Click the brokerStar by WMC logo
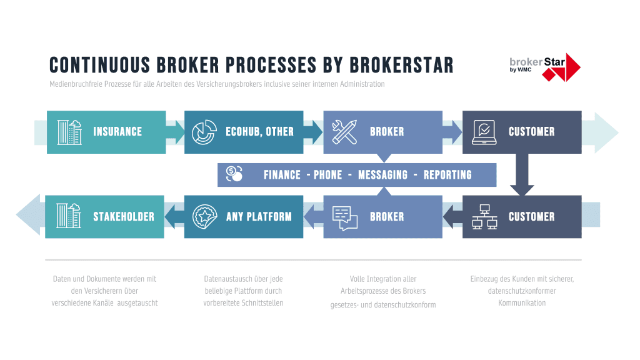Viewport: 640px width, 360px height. pos(544,66)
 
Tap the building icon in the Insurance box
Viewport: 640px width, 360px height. pos(69,132)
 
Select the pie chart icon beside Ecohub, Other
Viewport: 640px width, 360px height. pos(202,132)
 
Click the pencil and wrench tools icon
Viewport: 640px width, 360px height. pos(344,132)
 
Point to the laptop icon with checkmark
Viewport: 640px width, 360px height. pos(484,132)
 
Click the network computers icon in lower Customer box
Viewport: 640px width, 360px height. pos(484,217)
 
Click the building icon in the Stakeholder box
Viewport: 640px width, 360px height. pos(68,216)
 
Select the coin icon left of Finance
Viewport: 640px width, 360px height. pos(234,174)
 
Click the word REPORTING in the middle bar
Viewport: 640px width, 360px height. pos(447,175)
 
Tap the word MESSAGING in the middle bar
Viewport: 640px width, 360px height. pos(382,175)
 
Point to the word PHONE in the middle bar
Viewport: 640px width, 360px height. pos(327,175)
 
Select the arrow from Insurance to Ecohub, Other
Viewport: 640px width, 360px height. pos(176,132)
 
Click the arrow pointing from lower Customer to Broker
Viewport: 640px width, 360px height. pos(452,217)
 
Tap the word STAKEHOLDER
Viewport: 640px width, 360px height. pos(124,217)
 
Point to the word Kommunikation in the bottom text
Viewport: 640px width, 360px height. pos(522,303)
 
